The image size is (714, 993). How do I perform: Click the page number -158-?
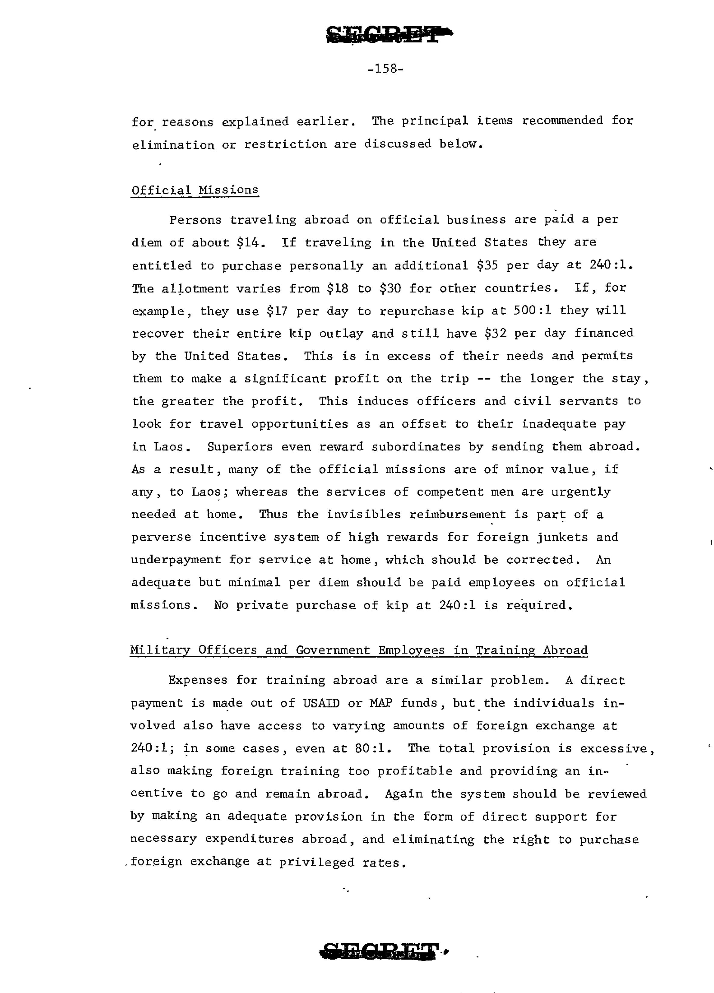(385, 69)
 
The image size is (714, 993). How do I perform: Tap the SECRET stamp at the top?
(389, 34)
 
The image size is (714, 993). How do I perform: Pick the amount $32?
(495, 334)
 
